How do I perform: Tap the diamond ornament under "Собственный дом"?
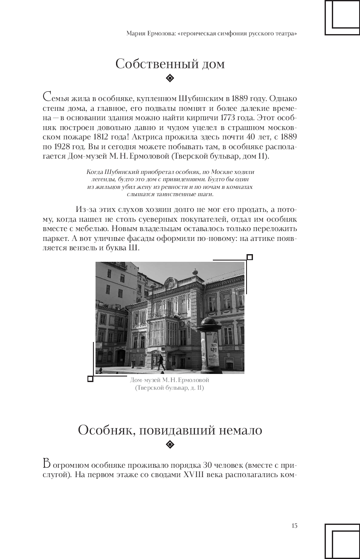(x=170, y=78)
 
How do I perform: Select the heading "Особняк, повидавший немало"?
(x=170, y=430)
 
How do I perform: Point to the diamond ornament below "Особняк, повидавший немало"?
(x=170, y=445)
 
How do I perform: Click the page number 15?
(x=294, y=526)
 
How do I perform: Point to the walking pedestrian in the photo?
(x=160, y=362)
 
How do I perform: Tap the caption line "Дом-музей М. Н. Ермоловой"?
(x=170, y=380)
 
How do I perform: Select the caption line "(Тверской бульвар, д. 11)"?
(x=170, y=388)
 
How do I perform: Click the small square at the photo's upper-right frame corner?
(x=250, y=257)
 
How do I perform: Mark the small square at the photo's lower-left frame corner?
(x=90, y=379)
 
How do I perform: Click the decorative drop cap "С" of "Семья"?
(x=48, y=97)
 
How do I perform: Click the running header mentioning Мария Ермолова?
(x=212, y=34)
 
